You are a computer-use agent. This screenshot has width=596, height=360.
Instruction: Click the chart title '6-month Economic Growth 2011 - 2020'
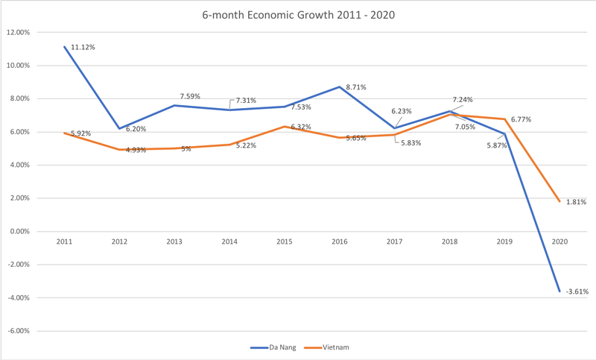tap(298, 13)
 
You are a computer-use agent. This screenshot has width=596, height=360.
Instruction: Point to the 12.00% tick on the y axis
tap(18, 32)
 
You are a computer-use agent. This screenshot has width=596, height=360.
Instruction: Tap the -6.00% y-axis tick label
tap(18, 331)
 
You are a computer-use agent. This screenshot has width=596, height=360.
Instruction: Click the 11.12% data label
tap(83, 47)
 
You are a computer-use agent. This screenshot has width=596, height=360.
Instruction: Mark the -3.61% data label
tap(577, 291)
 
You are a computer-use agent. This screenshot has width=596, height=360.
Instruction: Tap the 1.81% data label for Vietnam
tap(575, 202)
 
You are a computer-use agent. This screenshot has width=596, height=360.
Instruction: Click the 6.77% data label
tap(522, 119)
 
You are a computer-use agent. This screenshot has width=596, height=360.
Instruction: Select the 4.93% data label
tap(136, 150)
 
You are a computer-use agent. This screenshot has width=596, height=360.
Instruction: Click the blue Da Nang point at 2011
tap(66, 46)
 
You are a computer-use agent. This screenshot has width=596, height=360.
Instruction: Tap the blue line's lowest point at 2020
tap(559, 291)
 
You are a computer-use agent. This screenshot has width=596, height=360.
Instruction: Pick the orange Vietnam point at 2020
tap(559, 201)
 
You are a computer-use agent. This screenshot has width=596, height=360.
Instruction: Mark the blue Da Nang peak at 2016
tap(340, 86)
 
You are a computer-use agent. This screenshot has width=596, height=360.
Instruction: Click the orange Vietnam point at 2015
tap(285, 127)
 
